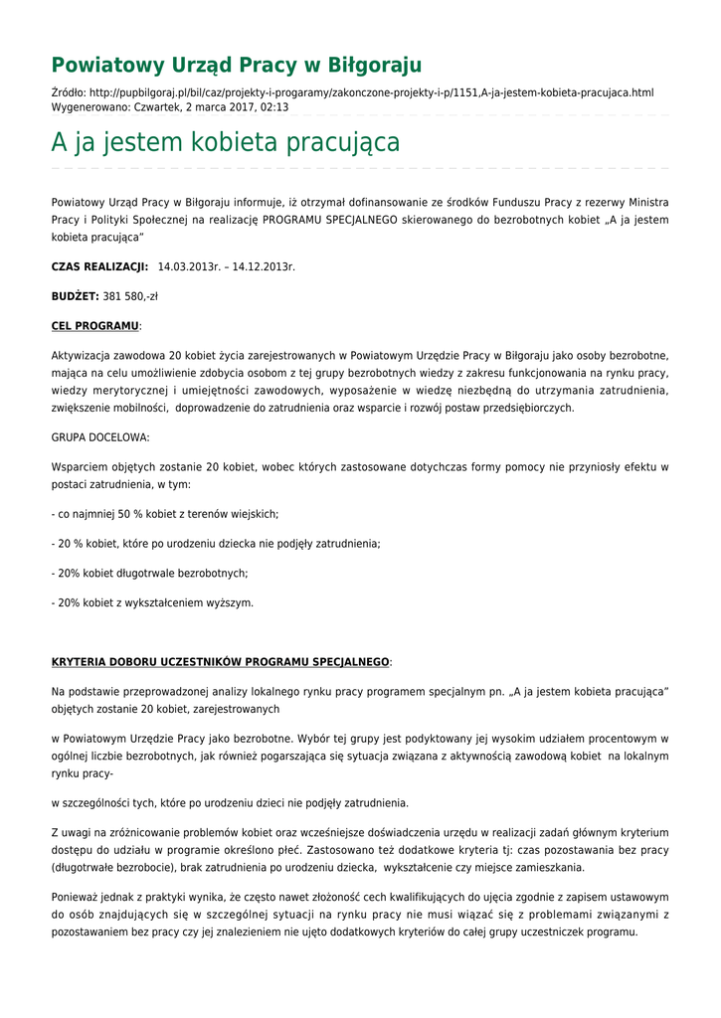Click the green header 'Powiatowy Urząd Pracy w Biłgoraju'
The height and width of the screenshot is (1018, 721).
[x=237, y=66]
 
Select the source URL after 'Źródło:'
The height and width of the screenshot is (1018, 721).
[x=371, y=93]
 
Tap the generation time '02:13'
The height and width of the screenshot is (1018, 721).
[x=275, y=107]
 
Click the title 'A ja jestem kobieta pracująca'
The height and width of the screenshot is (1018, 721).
[x=226, y=143]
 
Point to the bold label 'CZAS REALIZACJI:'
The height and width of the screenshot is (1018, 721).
[x=99, y=267]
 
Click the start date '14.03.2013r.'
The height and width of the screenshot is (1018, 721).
[x=189, y=267]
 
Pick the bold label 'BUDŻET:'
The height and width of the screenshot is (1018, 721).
[x=75, y=296]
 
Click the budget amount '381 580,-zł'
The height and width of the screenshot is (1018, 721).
[x=130, y=296]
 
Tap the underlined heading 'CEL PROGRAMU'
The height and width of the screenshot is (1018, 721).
[x=95, y=326]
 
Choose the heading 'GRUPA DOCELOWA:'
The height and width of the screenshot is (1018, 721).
[x=100, y=437]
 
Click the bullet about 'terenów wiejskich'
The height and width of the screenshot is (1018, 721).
[x=165, y=514]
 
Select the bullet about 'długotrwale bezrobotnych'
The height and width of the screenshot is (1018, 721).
[x=149, y=574]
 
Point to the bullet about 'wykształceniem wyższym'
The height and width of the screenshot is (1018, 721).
[x=152, y=602]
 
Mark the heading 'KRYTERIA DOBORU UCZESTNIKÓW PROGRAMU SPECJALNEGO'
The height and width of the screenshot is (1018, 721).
[x=220, y=662]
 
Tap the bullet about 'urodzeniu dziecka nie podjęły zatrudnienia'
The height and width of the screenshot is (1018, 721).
[x=216, y=544]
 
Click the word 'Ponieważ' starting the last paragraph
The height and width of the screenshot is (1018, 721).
[x=75, y=898]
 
